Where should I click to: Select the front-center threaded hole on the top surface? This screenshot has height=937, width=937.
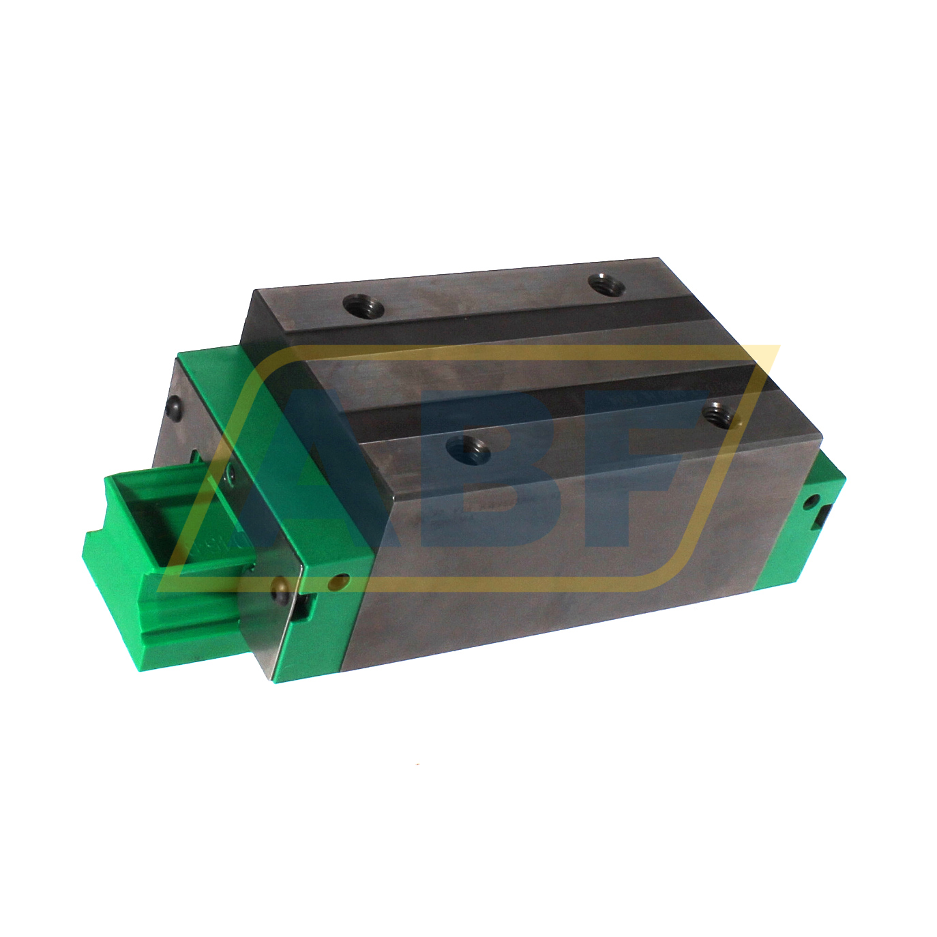click(x=467, y=450)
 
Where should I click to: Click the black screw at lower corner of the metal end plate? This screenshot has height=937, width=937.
click(x=278, y=591)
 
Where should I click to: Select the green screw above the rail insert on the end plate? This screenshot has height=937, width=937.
click(x=230, y=475)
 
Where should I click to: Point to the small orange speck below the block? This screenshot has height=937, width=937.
click(x=419, y=763)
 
